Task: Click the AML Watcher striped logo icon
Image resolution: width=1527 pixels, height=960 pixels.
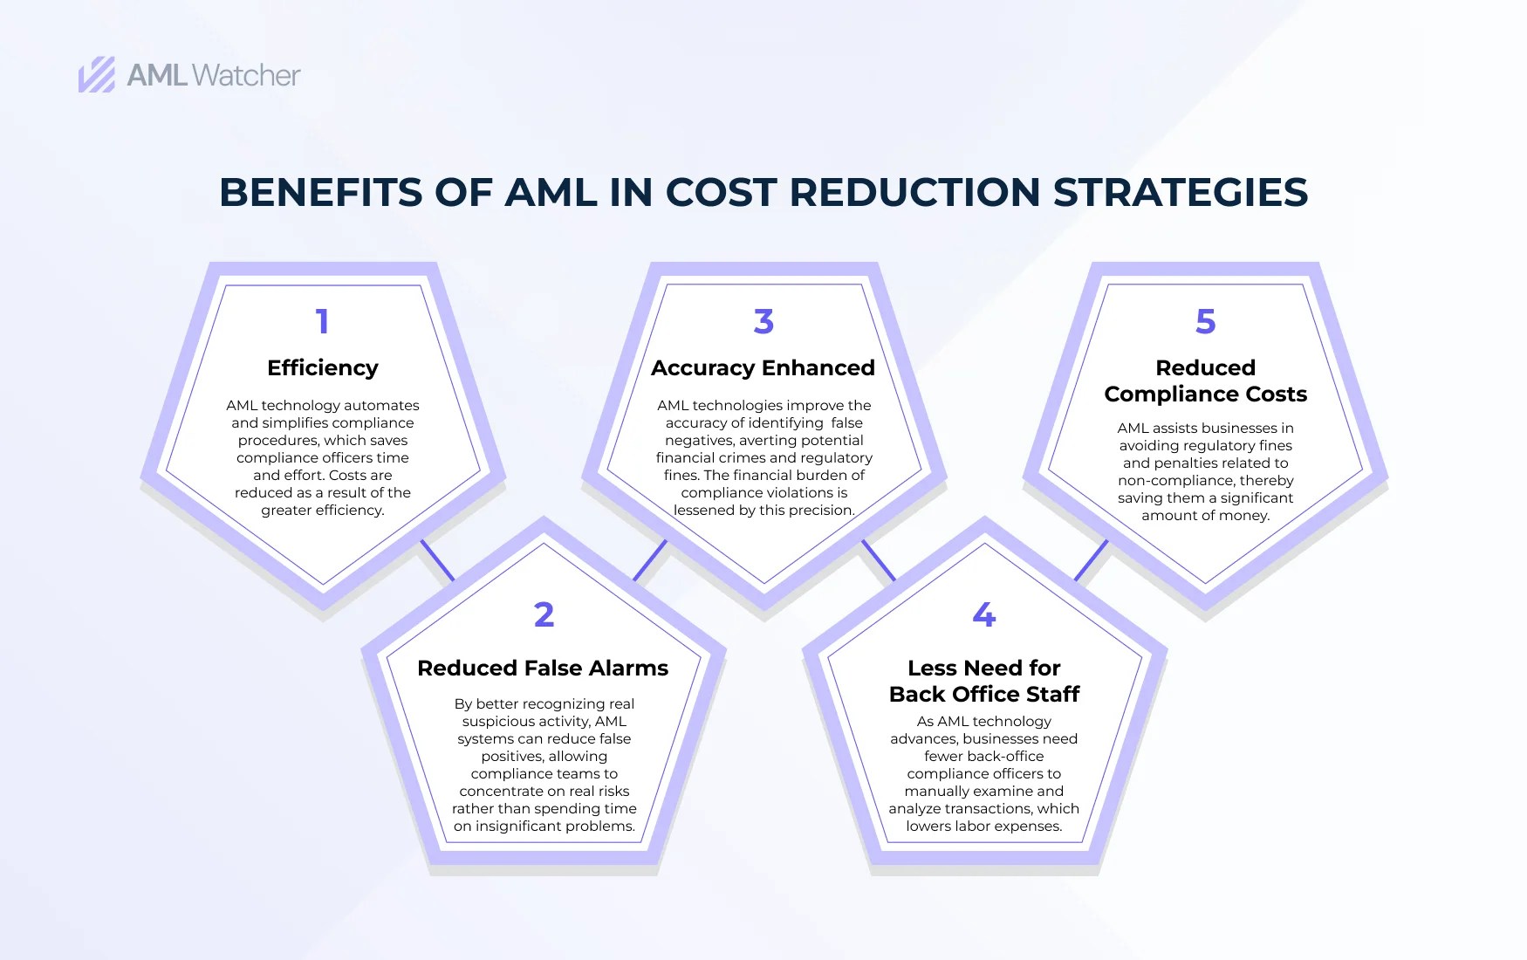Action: coord(96,75)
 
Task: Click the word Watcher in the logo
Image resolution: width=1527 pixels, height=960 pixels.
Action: coord(245,75)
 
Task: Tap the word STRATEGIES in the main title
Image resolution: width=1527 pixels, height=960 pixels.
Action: coord(1181,192)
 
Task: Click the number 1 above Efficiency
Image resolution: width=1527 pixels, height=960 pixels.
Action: coord(322,321)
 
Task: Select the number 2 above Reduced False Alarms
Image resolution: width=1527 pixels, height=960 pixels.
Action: coord(544,614)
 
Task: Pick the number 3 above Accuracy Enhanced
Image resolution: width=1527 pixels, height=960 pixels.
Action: coord(763,321)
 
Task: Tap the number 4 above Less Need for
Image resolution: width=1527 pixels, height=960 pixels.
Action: coord(984,614)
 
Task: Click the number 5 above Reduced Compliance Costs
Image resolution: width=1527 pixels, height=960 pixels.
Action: coord(1205,321)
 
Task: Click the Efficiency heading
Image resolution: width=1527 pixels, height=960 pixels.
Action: coord(323,367)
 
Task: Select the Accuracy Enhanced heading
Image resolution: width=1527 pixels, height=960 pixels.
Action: coord(763,367)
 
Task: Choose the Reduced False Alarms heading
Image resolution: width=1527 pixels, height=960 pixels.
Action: coord(543,668)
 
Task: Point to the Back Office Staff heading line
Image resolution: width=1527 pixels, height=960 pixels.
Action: coord(984,694)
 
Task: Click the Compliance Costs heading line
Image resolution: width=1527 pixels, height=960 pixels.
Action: coord(1205,394)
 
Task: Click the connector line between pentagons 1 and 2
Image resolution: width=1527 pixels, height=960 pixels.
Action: coord(437,559)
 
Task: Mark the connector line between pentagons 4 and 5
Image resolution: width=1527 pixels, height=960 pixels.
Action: coord(1091,559)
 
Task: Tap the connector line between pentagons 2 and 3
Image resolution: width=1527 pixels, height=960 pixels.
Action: coord(650,559)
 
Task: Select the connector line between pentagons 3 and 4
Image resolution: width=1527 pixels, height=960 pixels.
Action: coord(879,559)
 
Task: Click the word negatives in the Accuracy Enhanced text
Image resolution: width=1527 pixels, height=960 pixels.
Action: coord(702,440)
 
